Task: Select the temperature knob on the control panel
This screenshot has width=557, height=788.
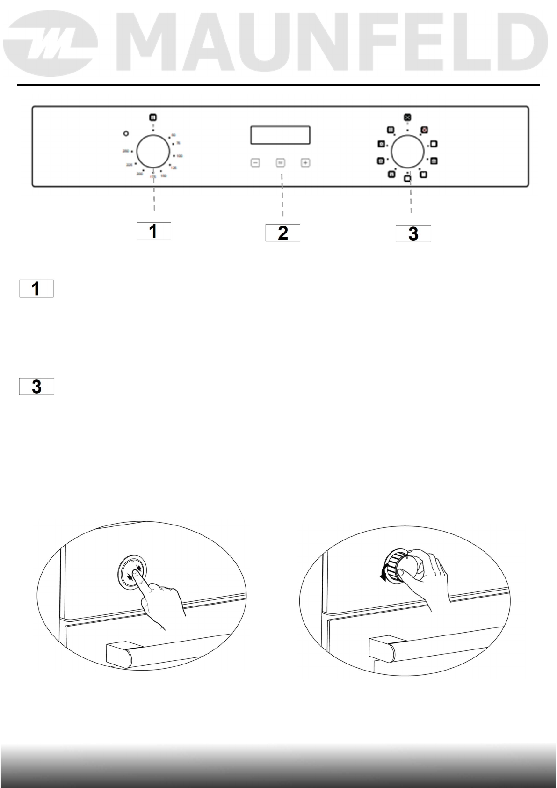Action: click(x=153, y=151)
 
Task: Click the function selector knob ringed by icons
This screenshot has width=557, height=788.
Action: click(x=407, y=151)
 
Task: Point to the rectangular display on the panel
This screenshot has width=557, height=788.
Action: click(x=280, y=135)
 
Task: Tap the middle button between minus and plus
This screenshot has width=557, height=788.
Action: click(x=280, y=163)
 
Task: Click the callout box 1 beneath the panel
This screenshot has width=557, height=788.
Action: click(x=153, y=231)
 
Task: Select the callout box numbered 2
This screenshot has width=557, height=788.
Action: click(x=282, y=233)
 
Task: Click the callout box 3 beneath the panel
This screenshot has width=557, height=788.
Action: click(x=413, y=234)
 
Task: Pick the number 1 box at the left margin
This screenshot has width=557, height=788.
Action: click(x=36, y=289)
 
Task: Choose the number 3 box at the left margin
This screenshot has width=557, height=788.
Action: click(x=36, y=387)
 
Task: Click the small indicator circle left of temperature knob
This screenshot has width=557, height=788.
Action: click(x=125, y=134)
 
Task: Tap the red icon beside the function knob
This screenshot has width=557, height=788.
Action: click(x=424, y=130)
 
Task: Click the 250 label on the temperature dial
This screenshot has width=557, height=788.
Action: click(x=125, y=151)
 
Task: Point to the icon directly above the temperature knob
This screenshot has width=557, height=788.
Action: click(x=153, y=118)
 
